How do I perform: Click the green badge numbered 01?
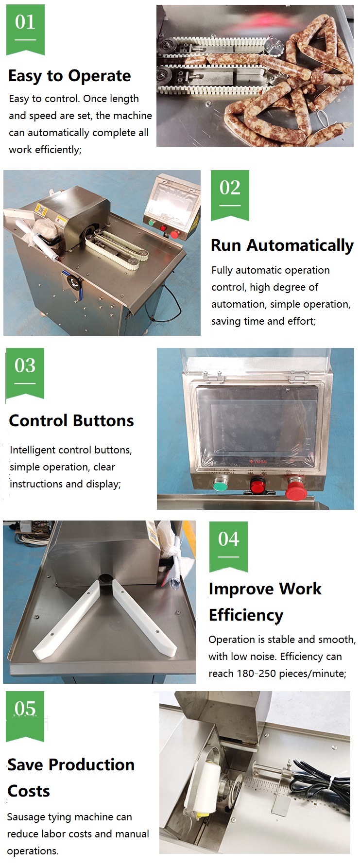pos(25,30)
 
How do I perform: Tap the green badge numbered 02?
pos(230,195)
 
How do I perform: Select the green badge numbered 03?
pos(25,373)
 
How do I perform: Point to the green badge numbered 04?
pos(228,547)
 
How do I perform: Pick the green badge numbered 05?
pos(25,716)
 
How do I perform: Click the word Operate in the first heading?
pos(99,76)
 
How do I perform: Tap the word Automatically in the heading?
pos(300,245)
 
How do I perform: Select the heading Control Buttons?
pos(71,420)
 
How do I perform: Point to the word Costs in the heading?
pos(29,791)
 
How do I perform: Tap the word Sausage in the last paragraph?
pos(24,817)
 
